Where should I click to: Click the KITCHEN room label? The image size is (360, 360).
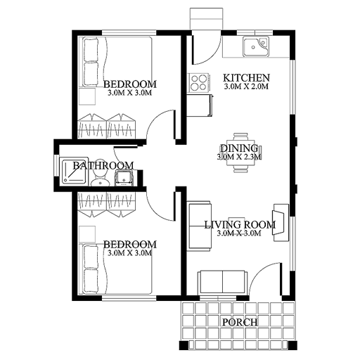[246, 77]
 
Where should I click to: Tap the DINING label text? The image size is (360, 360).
[239, 148]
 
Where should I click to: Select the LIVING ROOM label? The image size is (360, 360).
[238, 225]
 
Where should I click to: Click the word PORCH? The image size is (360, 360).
[239, 323]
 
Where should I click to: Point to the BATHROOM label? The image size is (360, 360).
[103, 166]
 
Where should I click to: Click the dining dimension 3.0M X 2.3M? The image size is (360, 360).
[239, 157]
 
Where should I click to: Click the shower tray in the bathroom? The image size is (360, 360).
[73, 172]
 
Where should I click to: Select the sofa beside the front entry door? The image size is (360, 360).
[222, 282]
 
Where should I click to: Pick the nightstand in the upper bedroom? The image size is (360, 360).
[87, 97]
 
